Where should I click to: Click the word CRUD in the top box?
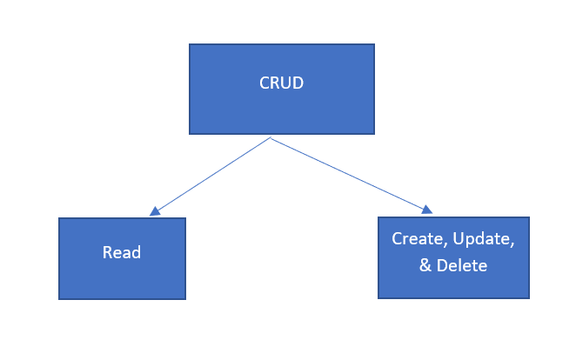coord(282,83)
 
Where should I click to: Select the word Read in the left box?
coord(122,253)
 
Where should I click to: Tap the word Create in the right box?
coord(414,238)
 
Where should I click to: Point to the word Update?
coord(482,238)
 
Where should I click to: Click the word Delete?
coord(463,265)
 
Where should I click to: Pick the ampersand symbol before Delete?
coord(425,265)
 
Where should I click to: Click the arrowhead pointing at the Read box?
coord(155,210)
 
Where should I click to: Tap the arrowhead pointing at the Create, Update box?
coord(426,210)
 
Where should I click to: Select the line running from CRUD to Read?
coord(214,174)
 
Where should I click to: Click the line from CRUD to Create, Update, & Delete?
coord(348,173)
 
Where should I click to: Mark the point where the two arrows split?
coord(271,137)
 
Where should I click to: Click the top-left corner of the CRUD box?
coord(190,44)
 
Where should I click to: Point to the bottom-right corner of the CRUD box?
coord(374,134)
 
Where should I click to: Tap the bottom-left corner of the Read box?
coord(59,299)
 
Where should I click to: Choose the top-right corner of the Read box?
coord(185,218)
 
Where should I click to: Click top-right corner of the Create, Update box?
coord(529,217)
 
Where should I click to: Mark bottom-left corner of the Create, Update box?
coord(378,298)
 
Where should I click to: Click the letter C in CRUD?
coord(265,83)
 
